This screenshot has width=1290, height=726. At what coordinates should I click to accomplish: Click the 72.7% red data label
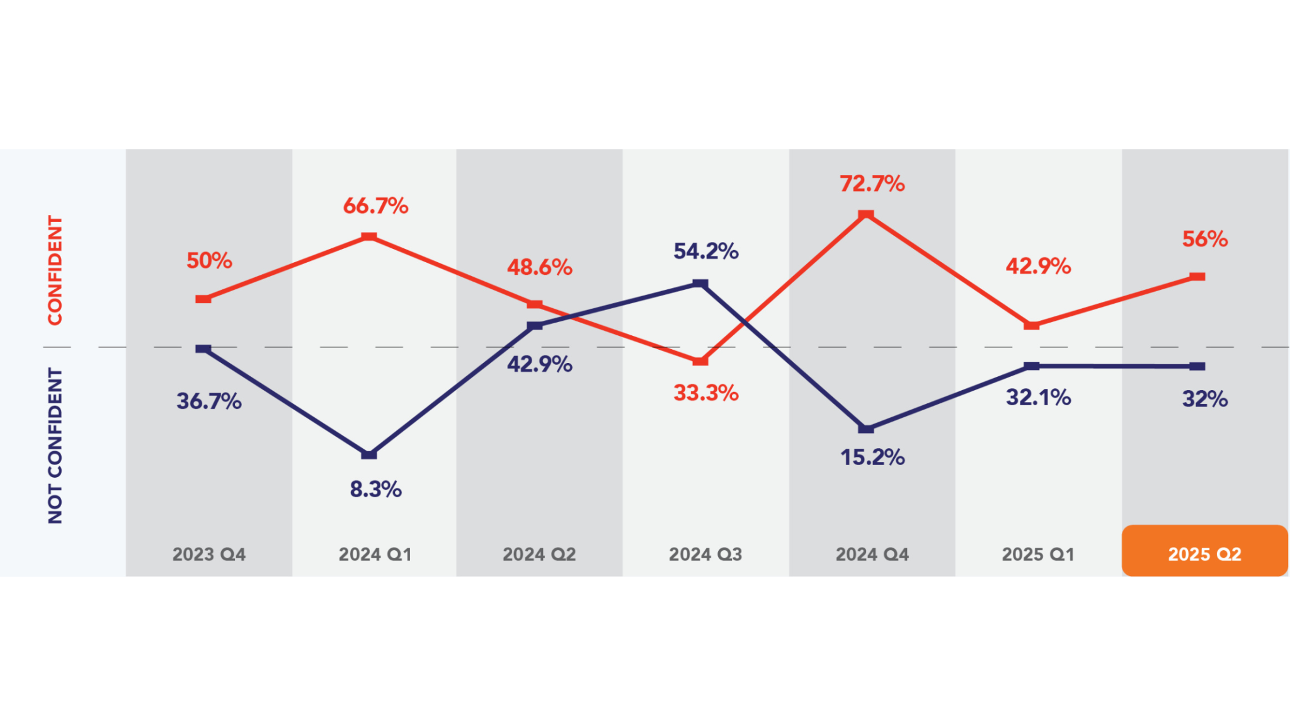coord(872,184)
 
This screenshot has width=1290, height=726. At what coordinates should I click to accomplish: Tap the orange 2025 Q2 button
coord(1204,551)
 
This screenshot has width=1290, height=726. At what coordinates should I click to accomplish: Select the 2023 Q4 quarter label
coord(209,555)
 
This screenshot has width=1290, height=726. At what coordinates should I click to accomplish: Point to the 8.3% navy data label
coord(376,489)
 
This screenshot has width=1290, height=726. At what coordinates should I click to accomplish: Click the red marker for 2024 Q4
coord(866,215)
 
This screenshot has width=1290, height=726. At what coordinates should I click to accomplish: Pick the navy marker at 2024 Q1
coord(369,454)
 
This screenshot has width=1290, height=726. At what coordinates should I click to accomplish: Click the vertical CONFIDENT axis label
coord(55,270)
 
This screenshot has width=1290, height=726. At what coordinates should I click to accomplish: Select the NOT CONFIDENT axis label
coord(55,446)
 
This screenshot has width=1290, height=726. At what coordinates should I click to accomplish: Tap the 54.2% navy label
coord(705,251)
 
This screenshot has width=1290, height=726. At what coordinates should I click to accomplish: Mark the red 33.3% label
coord(705,393)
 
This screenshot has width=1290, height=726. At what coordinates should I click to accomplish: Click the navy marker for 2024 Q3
coord(700,284)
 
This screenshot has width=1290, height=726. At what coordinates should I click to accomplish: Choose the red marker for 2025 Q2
coord(1197,277)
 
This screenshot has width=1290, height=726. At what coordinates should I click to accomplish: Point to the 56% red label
coord(1204,239)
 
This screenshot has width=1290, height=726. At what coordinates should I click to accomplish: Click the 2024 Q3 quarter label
coord(705,555)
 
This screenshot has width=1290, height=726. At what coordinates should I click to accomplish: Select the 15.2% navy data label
coord(872,458)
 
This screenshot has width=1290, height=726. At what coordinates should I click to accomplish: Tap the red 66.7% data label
coord(376,206)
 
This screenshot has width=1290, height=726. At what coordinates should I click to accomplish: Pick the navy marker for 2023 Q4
coord(203,349)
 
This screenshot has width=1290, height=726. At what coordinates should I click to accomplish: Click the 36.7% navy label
coord(209,401)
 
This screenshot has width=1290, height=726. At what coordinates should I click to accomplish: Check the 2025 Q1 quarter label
coord(1038,555)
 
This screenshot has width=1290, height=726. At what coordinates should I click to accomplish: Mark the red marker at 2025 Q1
coord(1032,325)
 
